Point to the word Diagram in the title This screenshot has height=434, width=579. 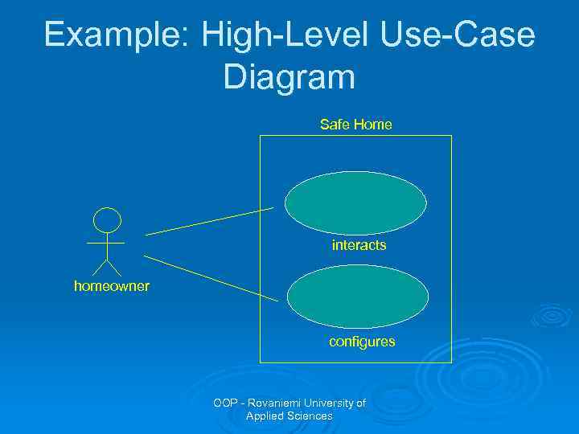coord(289,77)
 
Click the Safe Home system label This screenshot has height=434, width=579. coord(355,125)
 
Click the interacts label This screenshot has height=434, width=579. coord(359,245)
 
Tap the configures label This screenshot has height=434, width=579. coord(362,342)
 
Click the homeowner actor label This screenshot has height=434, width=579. coord(111,285)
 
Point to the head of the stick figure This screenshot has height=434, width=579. coord(107,219)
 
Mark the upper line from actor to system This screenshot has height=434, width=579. coord(209,221)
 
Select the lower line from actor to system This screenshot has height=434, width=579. coord(211,279)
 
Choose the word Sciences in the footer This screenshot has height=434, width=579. coord(308,416)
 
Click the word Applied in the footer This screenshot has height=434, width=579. coord(263,416)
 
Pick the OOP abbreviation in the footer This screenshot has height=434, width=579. coord(226,403)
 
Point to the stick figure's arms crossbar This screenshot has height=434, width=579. coord(106,241)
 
